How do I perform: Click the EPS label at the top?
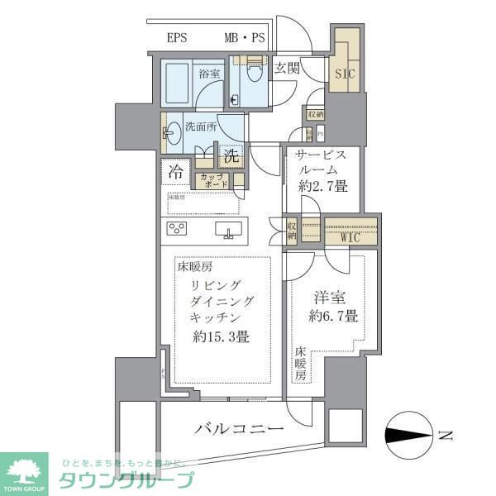tap(177, 38)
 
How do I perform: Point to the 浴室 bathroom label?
tap(209, 74)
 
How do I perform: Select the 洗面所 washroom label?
tap(201, 128)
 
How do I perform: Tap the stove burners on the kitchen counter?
tap(178, 228)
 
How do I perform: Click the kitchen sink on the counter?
tap(227, 228)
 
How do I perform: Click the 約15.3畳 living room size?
tap(221, 336)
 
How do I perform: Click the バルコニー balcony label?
tap(241, 429)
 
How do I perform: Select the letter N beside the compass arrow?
tap(446, 435)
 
